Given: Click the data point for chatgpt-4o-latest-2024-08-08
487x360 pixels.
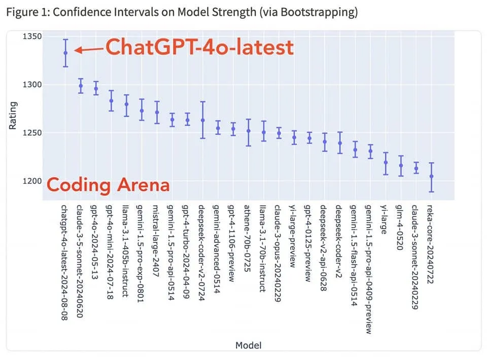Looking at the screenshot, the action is (65, 53).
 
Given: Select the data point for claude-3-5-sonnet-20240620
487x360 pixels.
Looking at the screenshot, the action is (81, 86).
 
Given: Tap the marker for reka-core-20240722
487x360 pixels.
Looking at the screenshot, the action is (431, 176).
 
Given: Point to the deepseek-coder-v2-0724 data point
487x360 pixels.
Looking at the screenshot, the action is (203, 120).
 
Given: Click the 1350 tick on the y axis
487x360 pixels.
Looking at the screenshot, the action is (32, 37).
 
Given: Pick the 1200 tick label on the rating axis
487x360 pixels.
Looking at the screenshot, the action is (32, 181).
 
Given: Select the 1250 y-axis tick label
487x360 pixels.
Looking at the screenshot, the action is (32, 133).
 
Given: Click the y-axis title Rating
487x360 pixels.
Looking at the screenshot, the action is (13, 116).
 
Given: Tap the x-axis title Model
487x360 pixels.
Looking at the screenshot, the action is (249, 345).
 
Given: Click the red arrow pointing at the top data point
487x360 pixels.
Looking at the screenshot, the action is (89, 50).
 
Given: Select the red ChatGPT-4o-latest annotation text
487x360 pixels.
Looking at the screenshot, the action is (200, 47).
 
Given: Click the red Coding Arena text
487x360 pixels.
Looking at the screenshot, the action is (108, 185).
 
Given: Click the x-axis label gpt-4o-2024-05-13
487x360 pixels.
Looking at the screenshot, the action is (94, 242).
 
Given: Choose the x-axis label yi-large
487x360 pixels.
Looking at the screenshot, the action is (384, 220).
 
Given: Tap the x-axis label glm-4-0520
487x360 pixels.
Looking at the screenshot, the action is (399, 228).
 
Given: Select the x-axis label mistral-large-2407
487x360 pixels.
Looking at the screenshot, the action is (156, 241).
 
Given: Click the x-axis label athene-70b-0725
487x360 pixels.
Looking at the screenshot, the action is (247, 238).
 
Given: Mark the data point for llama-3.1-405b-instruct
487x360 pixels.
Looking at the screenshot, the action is (126, 104).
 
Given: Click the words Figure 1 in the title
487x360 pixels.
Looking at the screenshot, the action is (27, 12).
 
